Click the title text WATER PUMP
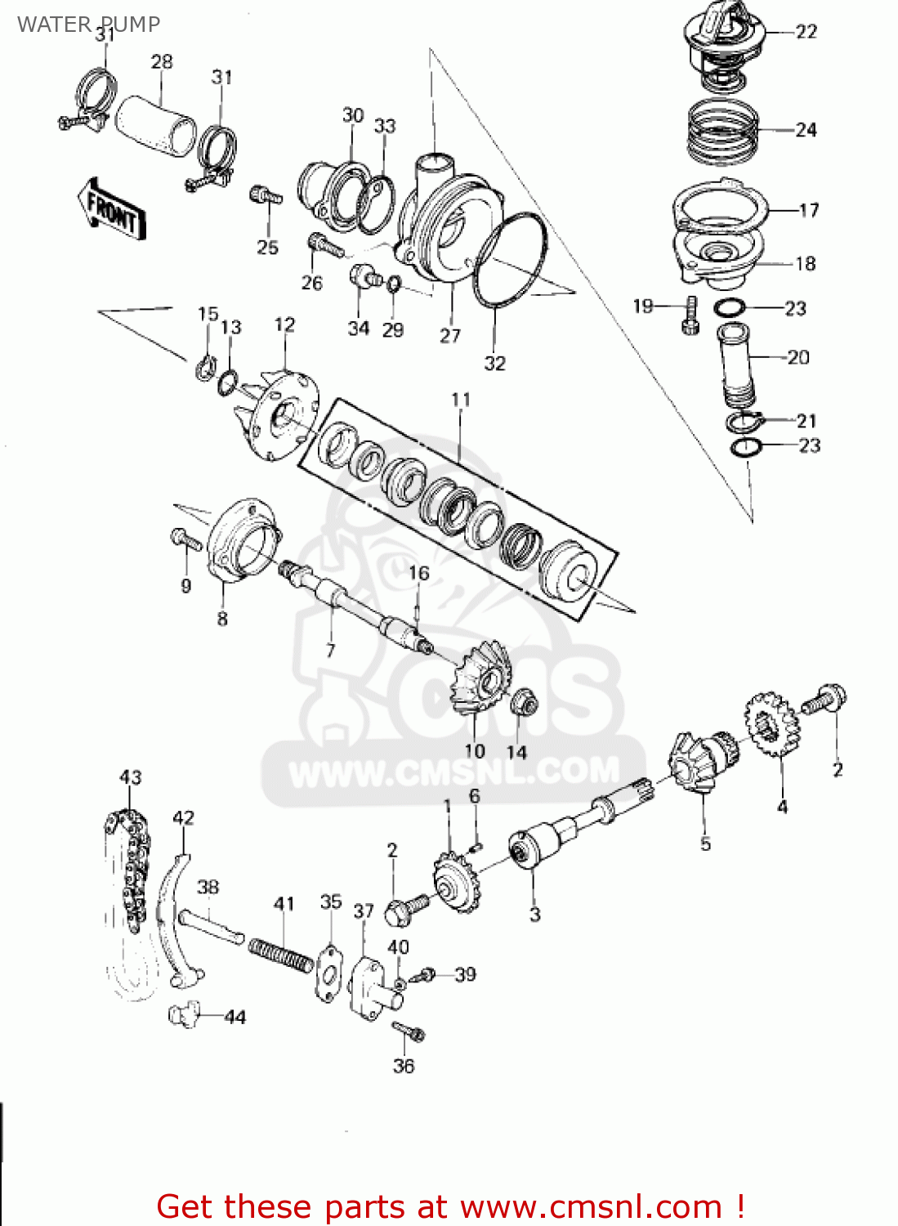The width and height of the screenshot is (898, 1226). click(88, 25)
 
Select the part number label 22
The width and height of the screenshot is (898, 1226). click(806, 32)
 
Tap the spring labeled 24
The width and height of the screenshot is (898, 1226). click(722, 132)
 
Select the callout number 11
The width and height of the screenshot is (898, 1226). click(461, 400)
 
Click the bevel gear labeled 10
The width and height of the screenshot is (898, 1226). click(481, 679)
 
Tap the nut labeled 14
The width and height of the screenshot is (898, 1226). click(523, 703)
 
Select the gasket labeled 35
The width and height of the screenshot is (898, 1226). click(329, 973)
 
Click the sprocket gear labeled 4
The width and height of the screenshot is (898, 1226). click(771, 724)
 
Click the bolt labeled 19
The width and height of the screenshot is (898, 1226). click(690, 315)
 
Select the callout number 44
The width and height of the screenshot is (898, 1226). click(235, 1018)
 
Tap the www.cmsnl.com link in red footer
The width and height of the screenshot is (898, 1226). click(591, 1206)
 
